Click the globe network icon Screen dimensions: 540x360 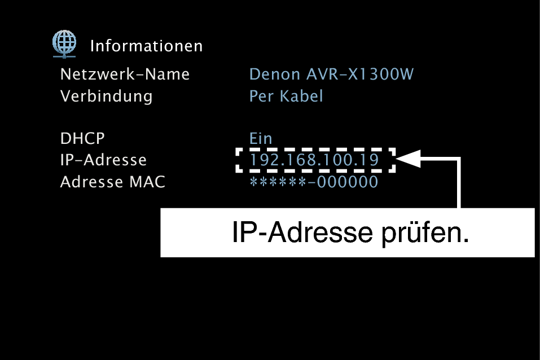point(64,44)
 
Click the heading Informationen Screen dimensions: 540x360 point(147,46)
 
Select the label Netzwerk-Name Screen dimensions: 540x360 point(125,74)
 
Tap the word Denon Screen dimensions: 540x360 point(275,74)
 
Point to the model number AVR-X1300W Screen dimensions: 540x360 point(360,74)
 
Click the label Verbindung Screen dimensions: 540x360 point(106,96)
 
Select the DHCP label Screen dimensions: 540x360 point(82,138)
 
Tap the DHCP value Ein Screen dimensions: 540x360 point(261,138)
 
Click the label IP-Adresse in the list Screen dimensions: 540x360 point(103,160)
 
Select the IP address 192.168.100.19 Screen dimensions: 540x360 point(314,160)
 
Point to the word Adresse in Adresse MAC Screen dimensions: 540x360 point(91,182)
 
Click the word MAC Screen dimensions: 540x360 point(147,182)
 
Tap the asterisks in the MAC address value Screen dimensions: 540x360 point(278,181)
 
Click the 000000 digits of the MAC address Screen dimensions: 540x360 point(348,182)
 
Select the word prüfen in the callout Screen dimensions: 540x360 point(425,233)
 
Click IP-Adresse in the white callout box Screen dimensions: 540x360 point(302,232)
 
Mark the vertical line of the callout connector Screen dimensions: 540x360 point(459,183)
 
